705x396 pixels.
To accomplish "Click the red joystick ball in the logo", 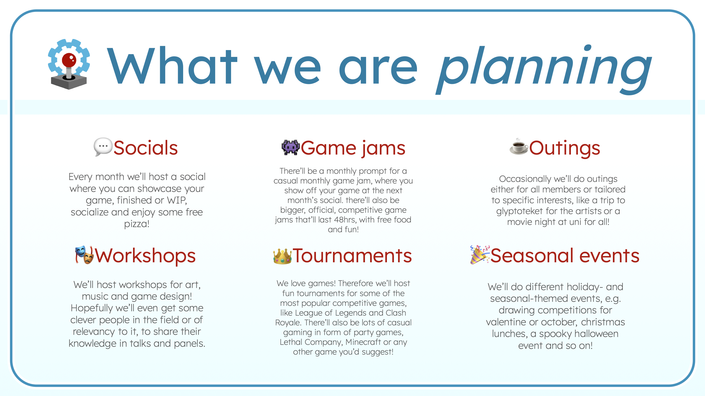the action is pyautogui.click(x=69, y=60).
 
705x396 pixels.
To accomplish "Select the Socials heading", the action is pyautogui.click(x=145, y=148).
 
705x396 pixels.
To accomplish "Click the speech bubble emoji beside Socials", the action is pyautogui.click(x=103, y=147).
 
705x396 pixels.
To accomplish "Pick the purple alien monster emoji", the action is pyautogui.click(x=290, y=148).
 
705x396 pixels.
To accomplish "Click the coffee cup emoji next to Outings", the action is pyautogui.click(x=519, y=147).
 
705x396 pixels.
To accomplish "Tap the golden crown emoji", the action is pyautogui.click(x=282, y=256).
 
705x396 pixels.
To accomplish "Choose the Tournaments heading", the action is pyautogui.click(x=352, y=256).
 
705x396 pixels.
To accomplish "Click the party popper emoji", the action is pyautogui.click(x=480, y=255).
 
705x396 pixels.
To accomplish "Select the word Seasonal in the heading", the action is pyautogui.click(x=532, y=256).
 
